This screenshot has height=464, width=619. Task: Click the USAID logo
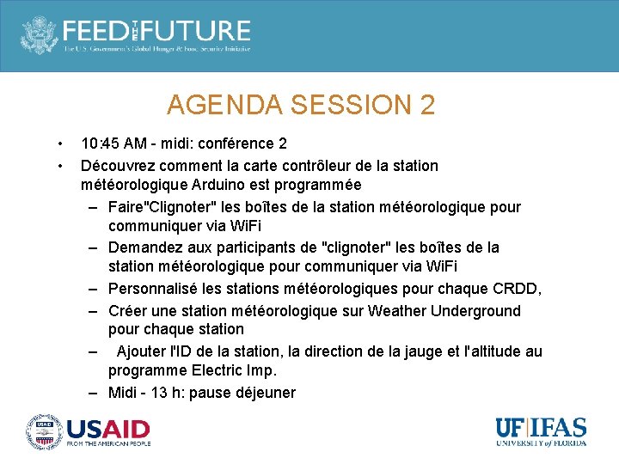[x=89, y=431]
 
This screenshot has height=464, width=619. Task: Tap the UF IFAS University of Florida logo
[x=541, y=431]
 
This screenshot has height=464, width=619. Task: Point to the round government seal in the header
[x=39, y=34]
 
